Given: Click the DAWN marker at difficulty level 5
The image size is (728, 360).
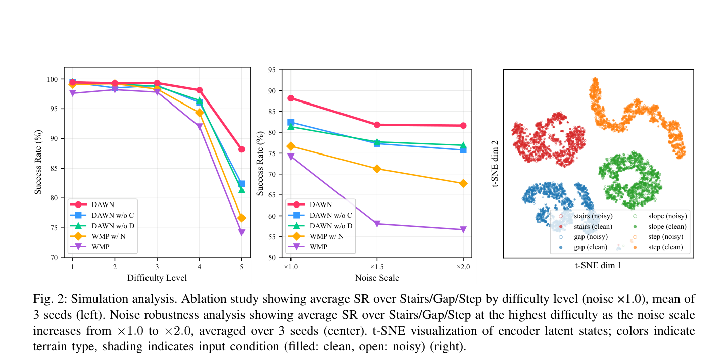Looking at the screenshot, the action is pos(241,149).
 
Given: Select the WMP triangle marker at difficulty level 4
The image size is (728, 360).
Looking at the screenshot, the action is pos(199,126).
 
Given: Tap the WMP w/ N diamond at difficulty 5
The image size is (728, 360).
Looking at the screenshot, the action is pos(241,218).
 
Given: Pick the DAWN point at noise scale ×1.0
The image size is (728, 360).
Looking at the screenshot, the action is pos(291,98).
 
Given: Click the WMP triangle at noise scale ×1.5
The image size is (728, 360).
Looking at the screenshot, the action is pos(377,224).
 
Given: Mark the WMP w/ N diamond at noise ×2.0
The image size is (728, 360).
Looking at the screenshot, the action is pos(463,184).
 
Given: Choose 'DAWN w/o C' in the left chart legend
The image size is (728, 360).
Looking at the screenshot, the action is pos(113,215).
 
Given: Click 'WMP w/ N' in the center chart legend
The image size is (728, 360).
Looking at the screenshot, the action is pos(326,236).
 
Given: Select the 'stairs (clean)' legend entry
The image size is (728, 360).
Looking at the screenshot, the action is pos(593,227).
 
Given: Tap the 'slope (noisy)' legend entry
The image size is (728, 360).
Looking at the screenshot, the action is pos(667,216).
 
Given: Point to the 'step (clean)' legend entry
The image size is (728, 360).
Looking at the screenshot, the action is pos(665,247).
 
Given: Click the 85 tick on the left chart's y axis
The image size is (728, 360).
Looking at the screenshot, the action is pos(54,168).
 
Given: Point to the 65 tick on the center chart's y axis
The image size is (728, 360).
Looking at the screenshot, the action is pos(272,195).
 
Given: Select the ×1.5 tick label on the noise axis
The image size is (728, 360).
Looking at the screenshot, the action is pos(377,267).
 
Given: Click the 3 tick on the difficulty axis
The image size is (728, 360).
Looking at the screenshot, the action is pos(157,267).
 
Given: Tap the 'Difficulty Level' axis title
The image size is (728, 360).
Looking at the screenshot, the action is pos(157,278).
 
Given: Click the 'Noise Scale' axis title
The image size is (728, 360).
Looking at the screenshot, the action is pos(377,278).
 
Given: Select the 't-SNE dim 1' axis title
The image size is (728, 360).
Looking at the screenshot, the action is pos(598,266).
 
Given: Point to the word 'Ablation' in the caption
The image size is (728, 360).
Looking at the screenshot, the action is pos(202,299).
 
